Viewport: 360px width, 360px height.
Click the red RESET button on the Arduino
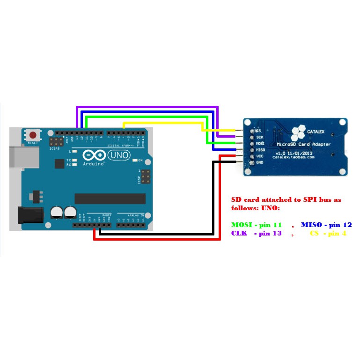[32, 135]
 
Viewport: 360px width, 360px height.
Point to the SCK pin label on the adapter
[260, 137]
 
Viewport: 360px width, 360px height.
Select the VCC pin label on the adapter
[260, 156]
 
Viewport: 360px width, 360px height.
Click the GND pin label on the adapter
[260, 162]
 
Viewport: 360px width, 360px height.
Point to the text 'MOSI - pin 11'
[257, 225]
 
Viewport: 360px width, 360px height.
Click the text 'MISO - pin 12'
[326, 225]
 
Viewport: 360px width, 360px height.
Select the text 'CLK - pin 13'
[257, 233]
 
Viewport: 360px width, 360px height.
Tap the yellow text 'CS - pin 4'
[328, 233]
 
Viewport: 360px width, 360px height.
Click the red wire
[157, 239]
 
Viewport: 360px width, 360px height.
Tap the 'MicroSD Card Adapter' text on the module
[304, 145]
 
